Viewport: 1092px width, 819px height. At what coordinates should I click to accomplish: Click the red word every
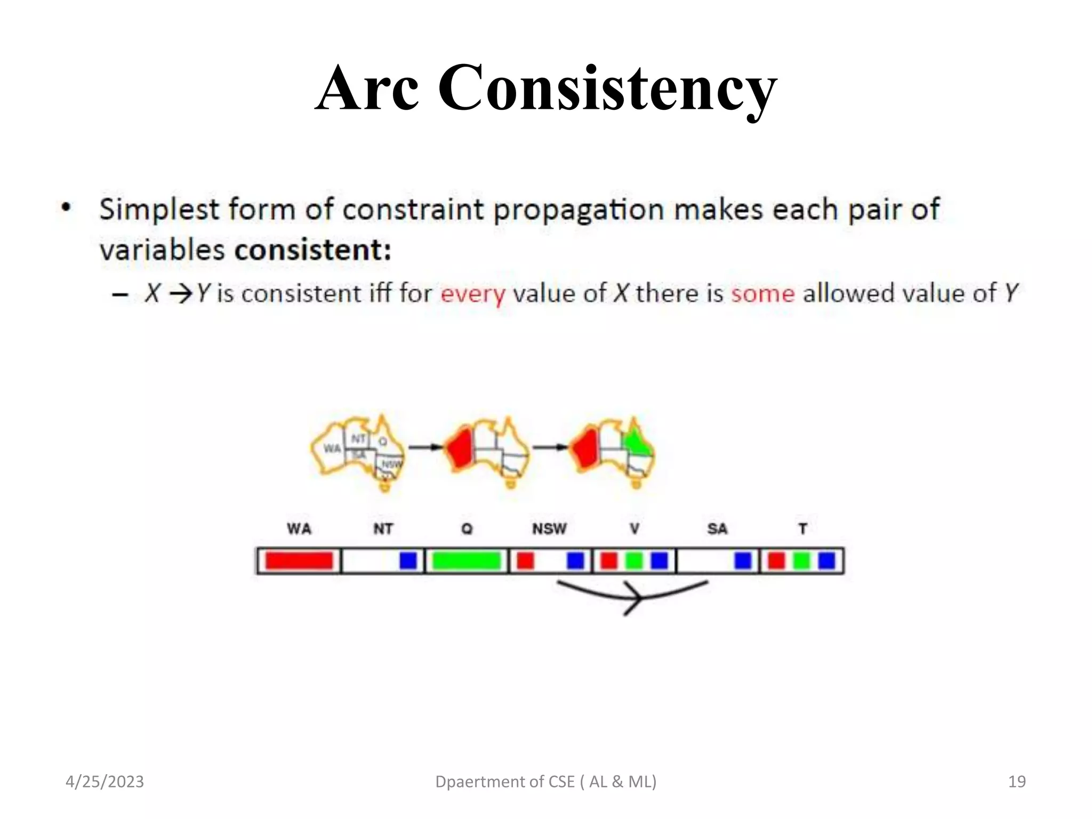tap(472, 294)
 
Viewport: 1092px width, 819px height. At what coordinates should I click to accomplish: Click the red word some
tap(762, 294)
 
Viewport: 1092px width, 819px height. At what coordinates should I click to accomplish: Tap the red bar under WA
tap(299, 561)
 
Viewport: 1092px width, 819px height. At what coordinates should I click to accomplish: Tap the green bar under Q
tap(467, 561)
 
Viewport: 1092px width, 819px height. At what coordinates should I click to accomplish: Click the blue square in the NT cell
tap(408, 561)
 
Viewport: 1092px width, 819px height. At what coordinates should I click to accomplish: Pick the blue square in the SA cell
tap(743, 561)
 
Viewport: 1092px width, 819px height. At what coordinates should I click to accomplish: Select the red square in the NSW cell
tap(525, 561)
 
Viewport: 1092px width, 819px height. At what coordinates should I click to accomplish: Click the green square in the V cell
tap(634, 561)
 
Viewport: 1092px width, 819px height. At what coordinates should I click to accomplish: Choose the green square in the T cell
tap(801, 561)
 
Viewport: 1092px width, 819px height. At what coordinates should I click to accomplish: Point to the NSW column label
tap(549, 529)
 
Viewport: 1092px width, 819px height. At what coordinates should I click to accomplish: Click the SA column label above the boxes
tap(717, 529)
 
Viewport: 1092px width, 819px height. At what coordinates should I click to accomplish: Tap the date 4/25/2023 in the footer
tap(105, 782)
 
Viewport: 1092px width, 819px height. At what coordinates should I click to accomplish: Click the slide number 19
tap(1017, 782)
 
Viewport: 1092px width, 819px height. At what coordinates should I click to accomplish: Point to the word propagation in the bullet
tap(579, 210)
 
